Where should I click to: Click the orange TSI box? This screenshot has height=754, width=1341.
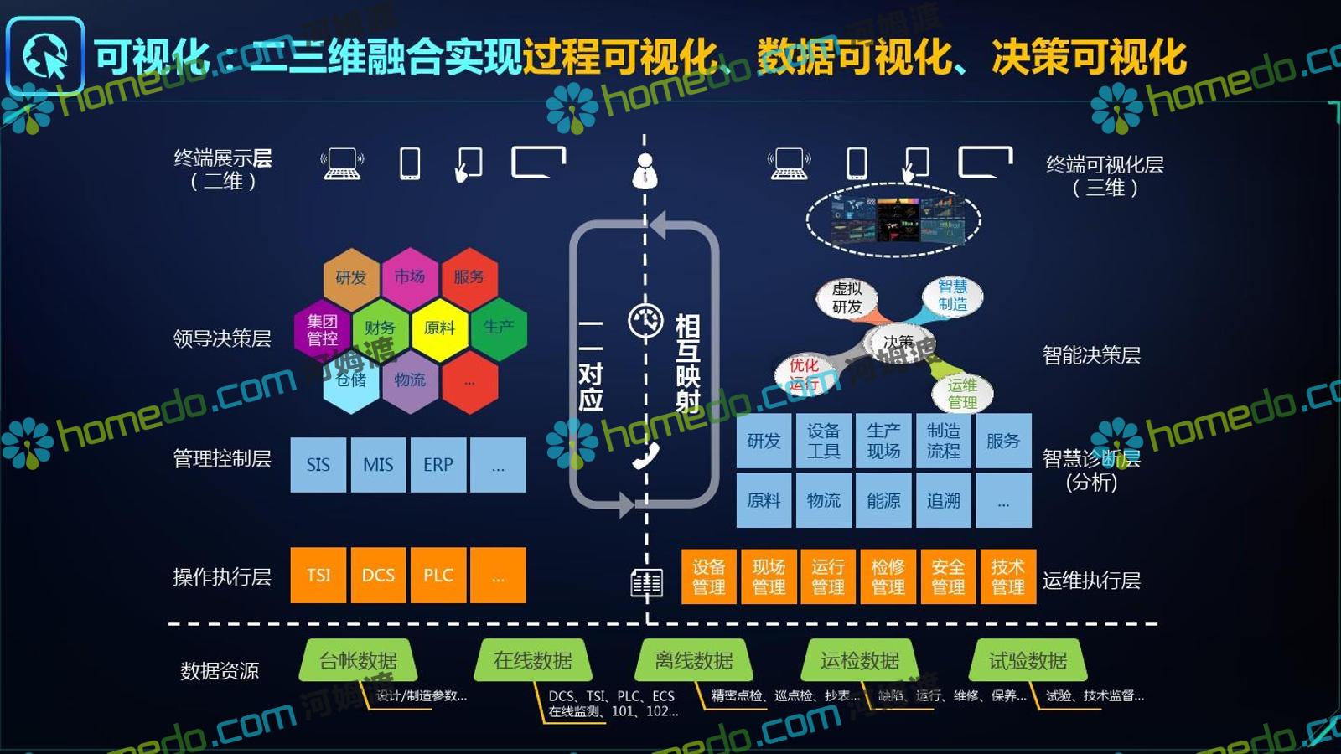pyautogui.click(x=318, y=576)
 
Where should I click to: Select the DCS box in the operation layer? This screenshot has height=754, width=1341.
pyautogui.click(x=378, y=576)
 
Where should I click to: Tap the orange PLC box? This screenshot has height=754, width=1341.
pyautogui.click(x=438, y=576)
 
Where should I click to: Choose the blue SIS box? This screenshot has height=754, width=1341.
pyautogui.click(x=318, y=465)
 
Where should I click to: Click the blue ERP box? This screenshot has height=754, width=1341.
pyautogui.click(x=438, y=465)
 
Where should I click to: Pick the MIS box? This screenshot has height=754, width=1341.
pyautogui.click(x=378, y=465)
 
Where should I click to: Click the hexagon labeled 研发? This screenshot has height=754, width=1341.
pyautogui.click(x=351, y=277)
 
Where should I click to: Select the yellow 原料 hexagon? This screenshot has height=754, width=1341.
pyautogui.click(x=440, y=328)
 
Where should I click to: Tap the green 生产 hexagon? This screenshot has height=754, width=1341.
pyautogui.click(x=499, y=328)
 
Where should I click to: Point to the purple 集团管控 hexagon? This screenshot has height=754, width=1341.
pyautogui.click(x=322, y=329)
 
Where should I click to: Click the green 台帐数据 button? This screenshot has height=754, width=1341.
pyautogui.click(x=358, y=661)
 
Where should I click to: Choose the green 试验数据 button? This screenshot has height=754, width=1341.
pyautogui.click(x=1028, y=661)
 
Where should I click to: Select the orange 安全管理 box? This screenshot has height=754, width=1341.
pyautogui.click(x=948, y=577)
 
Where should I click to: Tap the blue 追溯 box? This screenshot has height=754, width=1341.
pyautogui.click(x=944, y=500)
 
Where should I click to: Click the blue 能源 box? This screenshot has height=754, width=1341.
pyautogui.click(x=883, y=500)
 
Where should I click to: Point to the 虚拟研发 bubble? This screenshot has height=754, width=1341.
pyautogui.click(x=847, y=298)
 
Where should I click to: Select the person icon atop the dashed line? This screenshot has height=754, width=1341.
pyautogui.click(x=645, y=170)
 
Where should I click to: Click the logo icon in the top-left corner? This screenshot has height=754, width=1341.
pyautogui.click(x=45, y=56)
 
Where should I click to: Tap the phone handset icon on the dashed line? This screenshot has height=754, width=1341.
pyautogui.click(x=645, y=456)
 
